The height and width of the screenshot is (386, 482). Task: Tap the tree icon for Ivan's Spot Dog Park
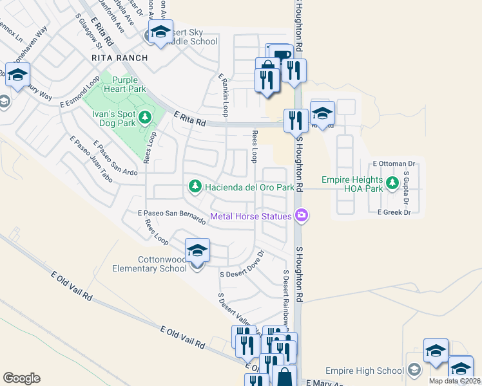coord(145,116)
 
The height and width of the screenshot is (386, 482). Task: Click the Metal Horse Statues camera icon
coord(301,216)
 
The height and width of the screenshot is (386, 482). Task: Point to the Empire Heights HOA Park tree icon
coord(391,184)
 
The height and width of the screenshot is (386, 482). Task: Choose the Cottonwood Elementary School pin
coord(197,252)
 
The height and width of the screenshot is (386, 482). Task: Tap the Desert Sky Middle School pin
coord(160,32)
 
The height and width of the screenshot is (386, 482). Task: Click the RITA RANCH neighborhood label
coord(120,58)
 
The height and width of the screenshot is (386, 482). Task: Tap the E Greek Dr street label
coord(394,212)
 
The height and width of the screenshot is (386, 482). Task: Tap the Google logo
coord(21,378)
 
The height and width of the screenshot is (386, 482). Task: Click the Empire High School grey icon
coord(414,371)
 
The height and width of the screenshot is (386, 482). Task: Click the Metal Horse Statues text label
coord(251,216)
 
